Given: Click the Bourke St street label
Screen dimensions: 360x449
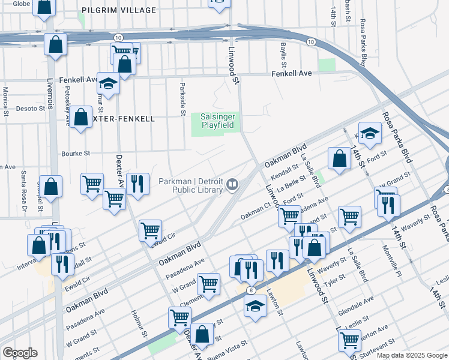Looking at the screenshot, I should click(74, 153).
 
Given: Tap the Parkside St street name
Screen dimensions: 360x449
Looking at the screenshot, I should click(182, 95).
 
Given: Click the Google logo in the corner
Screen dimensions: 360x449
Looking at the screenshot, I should click(20, 353).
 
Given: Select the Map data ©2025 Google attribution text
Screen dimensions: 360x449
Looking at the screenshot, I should click(411, 355).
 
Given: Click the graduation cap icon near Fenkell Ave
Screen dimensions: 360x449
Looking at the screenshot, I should click(109, 84).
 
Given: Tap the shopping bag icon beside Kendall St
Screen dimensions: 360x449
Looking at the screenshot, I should click(340, 159).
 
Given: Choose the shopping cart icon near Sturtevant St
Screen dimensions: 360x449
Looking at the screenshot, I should click(349, 339).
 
